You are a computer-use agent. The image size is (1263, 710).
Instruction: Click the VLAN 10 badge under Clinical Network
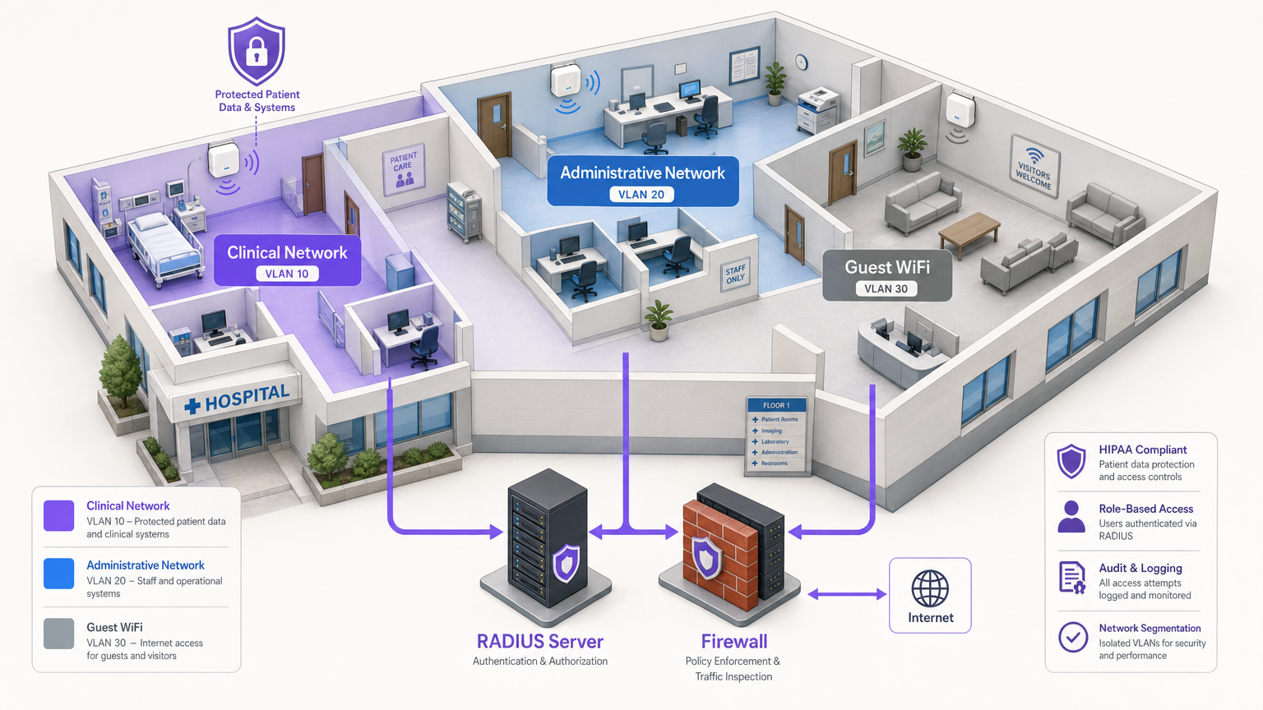point(287,274)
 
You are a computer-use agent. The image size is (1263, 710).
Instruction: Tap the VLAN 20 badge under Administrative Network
point(641,195)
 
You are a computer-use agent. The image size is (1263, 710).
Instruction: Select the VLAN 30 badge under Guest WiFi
point(886,288)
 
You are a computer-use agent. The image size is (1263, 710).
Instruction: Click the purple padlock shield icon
point(257,51)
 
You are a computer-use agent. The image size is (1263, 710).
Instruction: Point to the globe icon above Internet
point(930,588)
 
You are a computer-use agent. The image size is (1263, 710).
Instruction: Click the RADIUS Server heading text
point(540,641)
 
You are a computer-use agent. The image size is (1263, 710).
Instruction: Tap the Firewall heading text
point(733,641)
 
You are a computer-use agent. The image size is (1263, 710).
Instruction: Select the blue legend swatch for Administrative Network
point(59,573)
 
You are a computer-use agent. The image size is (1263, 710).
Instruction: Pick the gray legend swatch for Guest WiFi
point(59,634)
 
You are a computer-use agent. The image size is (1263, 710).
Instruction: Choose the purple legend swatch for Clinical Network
point(59,515)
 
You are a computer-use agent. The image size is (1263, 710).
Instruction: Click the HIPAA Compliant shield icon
point(1071,462)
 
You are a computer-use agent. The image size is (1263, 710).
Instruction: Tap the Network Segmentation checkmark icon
point(1072,637)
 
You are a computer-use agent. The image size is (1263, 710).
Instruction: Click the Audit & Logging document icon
point(1072,578)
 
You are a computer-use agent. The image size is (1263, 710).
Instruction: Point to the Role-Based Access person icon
point(1071,518)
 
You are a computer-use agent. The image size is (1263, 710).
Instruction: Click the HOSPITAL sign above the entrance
point(238,399)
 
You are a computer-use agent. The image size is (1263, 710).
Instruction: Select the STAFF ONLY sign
point(735,274)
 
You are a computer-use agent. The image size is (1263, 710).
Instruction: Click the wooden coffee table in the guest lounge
point(969,228)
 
